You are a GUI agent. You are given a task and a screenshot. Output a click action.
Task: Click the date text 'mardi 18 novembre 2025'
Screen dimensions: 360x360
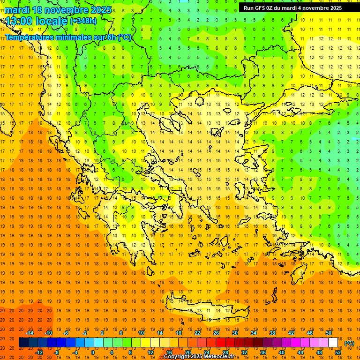click(x=58, y=10)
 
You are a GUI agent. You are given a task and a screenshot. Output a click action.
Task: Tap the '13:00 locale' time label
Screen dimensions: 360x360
click(x=36, y=21)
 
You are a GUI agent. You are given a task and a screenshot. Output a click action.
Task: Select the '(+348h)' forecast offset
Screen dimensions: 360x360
click(x=83, y=21)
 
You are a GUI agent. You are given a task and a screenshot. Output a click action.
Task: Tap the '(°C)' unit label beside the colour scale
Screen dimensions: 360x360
click(x=349, y=343)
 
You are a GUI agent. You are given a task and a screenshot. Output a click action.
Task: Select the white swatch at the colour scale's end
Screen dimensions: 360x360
click(x=333, y=343)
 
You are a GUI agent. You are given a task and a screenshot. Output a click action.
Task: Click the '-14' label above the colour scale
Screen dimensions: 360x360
click(x=30, y=333)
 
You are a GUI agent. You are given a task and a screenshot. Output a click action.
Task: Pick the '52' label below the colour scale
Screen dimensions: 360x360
click(x=338, y=352)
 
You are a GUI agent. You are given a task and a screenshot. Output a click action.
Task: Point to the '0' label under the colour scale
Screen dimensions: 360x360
click(x=93, y=352)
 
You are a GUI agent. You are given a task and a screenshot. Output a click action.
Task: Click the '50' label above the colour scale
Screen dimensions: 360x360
click(x=328, y=333)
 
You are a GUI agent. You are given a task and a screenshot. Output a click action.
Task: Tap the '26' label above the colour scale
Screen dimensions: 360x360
click(x=216, y=333)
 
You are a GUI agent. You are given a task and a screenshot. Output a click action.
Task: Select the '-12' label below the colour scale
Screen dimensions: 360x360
click(x=39, y=352)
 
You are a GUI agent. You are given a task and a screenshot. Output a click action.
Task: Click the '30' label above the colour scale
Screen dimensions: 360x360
click(x=235, y=333)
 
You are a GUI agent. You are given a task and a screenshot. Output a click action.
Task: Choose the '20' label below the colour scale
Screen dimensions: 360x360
click(x=188, y=352)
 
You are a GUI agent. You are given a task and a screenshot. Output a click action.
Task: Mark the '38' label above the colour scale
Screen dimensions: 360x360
click(x=272, y=333)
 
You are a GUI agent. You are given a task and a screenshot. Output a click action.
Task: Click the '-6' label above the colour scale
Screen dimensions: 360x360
click(x=67, y=333)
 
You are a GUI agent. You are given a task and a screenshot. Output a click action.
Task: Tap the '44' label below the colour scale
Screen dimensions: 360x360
click(x=300, y=352)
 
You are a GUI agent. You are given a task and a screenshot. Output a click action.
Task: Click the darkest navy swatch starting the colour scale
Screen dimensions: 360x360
click(x=23, y=343)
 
